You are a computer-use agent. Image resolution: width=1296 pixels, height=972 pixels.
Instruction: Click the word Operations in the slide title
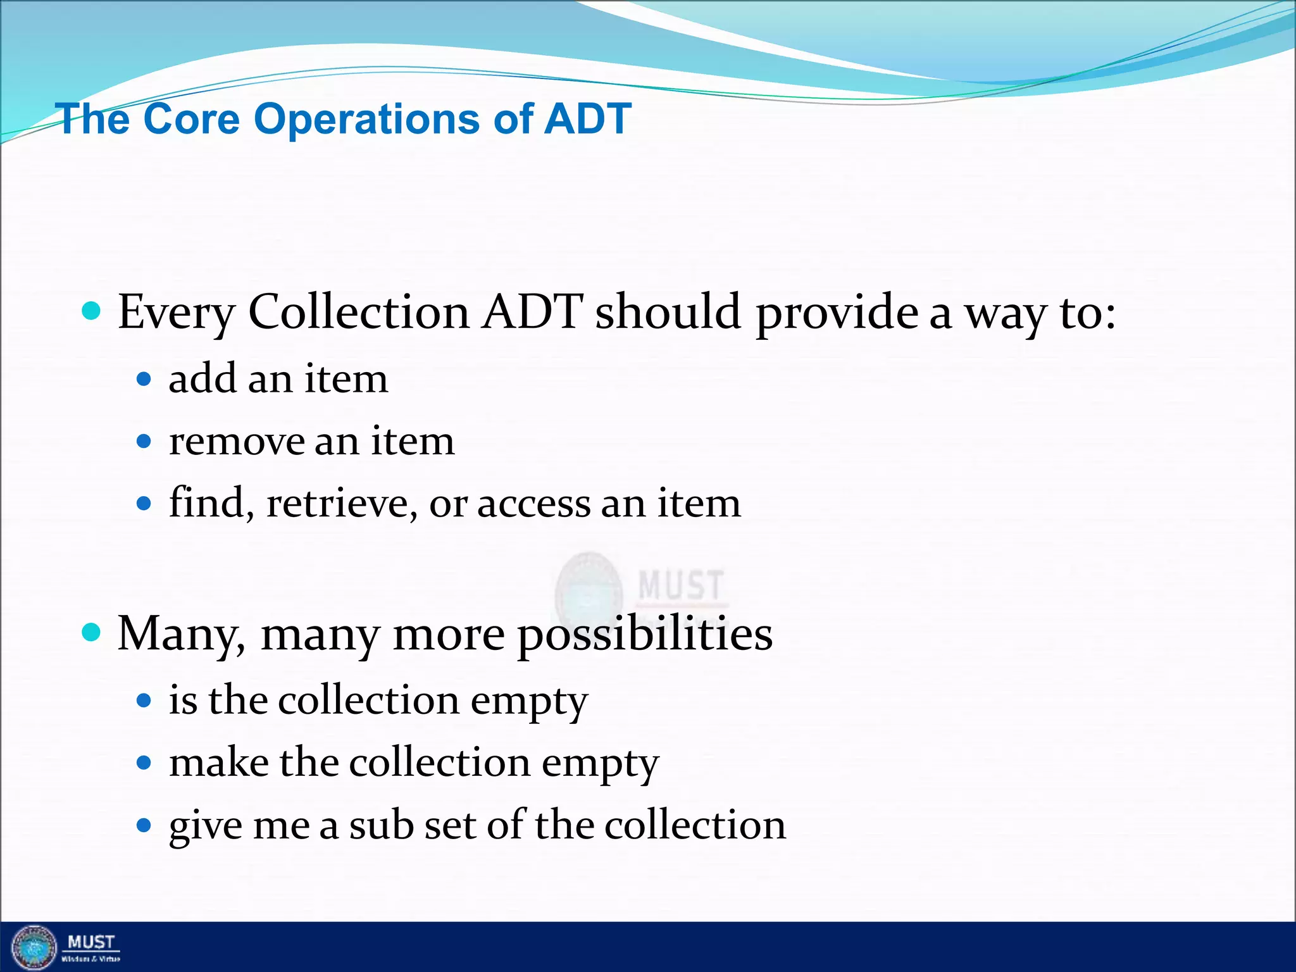366,120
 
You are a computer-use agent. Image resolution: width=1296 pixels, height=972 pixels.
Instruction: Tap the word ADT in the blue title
587,118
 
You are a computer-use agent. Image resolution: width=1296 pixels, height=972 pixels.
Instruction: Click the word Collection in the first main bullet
358,312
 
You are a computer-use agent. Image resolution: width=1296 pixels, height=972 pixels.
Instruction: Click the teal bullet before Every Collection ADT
92,311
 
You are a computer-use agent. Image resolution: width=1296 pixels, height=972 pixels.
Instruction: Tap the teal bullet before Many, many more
92,632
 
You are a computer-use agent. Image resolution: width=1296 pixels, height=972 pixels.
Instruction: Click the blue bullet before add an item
144,379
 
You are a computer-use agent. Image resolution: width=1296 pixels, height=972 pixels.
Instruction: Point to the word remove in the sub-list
236,442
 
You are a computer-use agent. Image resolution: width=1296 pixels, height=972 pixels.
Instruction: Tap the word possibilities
645,635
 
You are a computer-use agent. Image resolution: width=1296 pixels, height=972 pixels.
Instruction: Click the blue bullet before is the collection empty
144,700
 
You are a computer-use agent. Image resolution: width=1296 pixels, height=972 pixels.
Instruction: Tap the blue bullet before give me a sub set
144,825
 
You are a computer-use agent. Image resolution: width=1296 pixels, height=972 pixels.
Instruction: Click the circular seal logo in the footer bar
35,947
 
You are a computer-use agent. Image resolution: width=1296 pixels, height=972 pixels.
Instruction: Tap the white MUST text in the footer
91,942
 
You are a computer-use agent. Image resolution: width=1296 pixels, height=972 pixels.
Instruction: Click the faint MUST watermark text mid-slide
680,585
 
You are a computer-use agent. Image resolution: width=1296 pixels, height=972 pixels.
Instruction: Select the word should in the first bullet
668,312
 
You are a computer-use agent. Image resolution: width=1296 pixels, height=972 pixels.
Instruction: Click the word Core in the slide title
192,119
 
